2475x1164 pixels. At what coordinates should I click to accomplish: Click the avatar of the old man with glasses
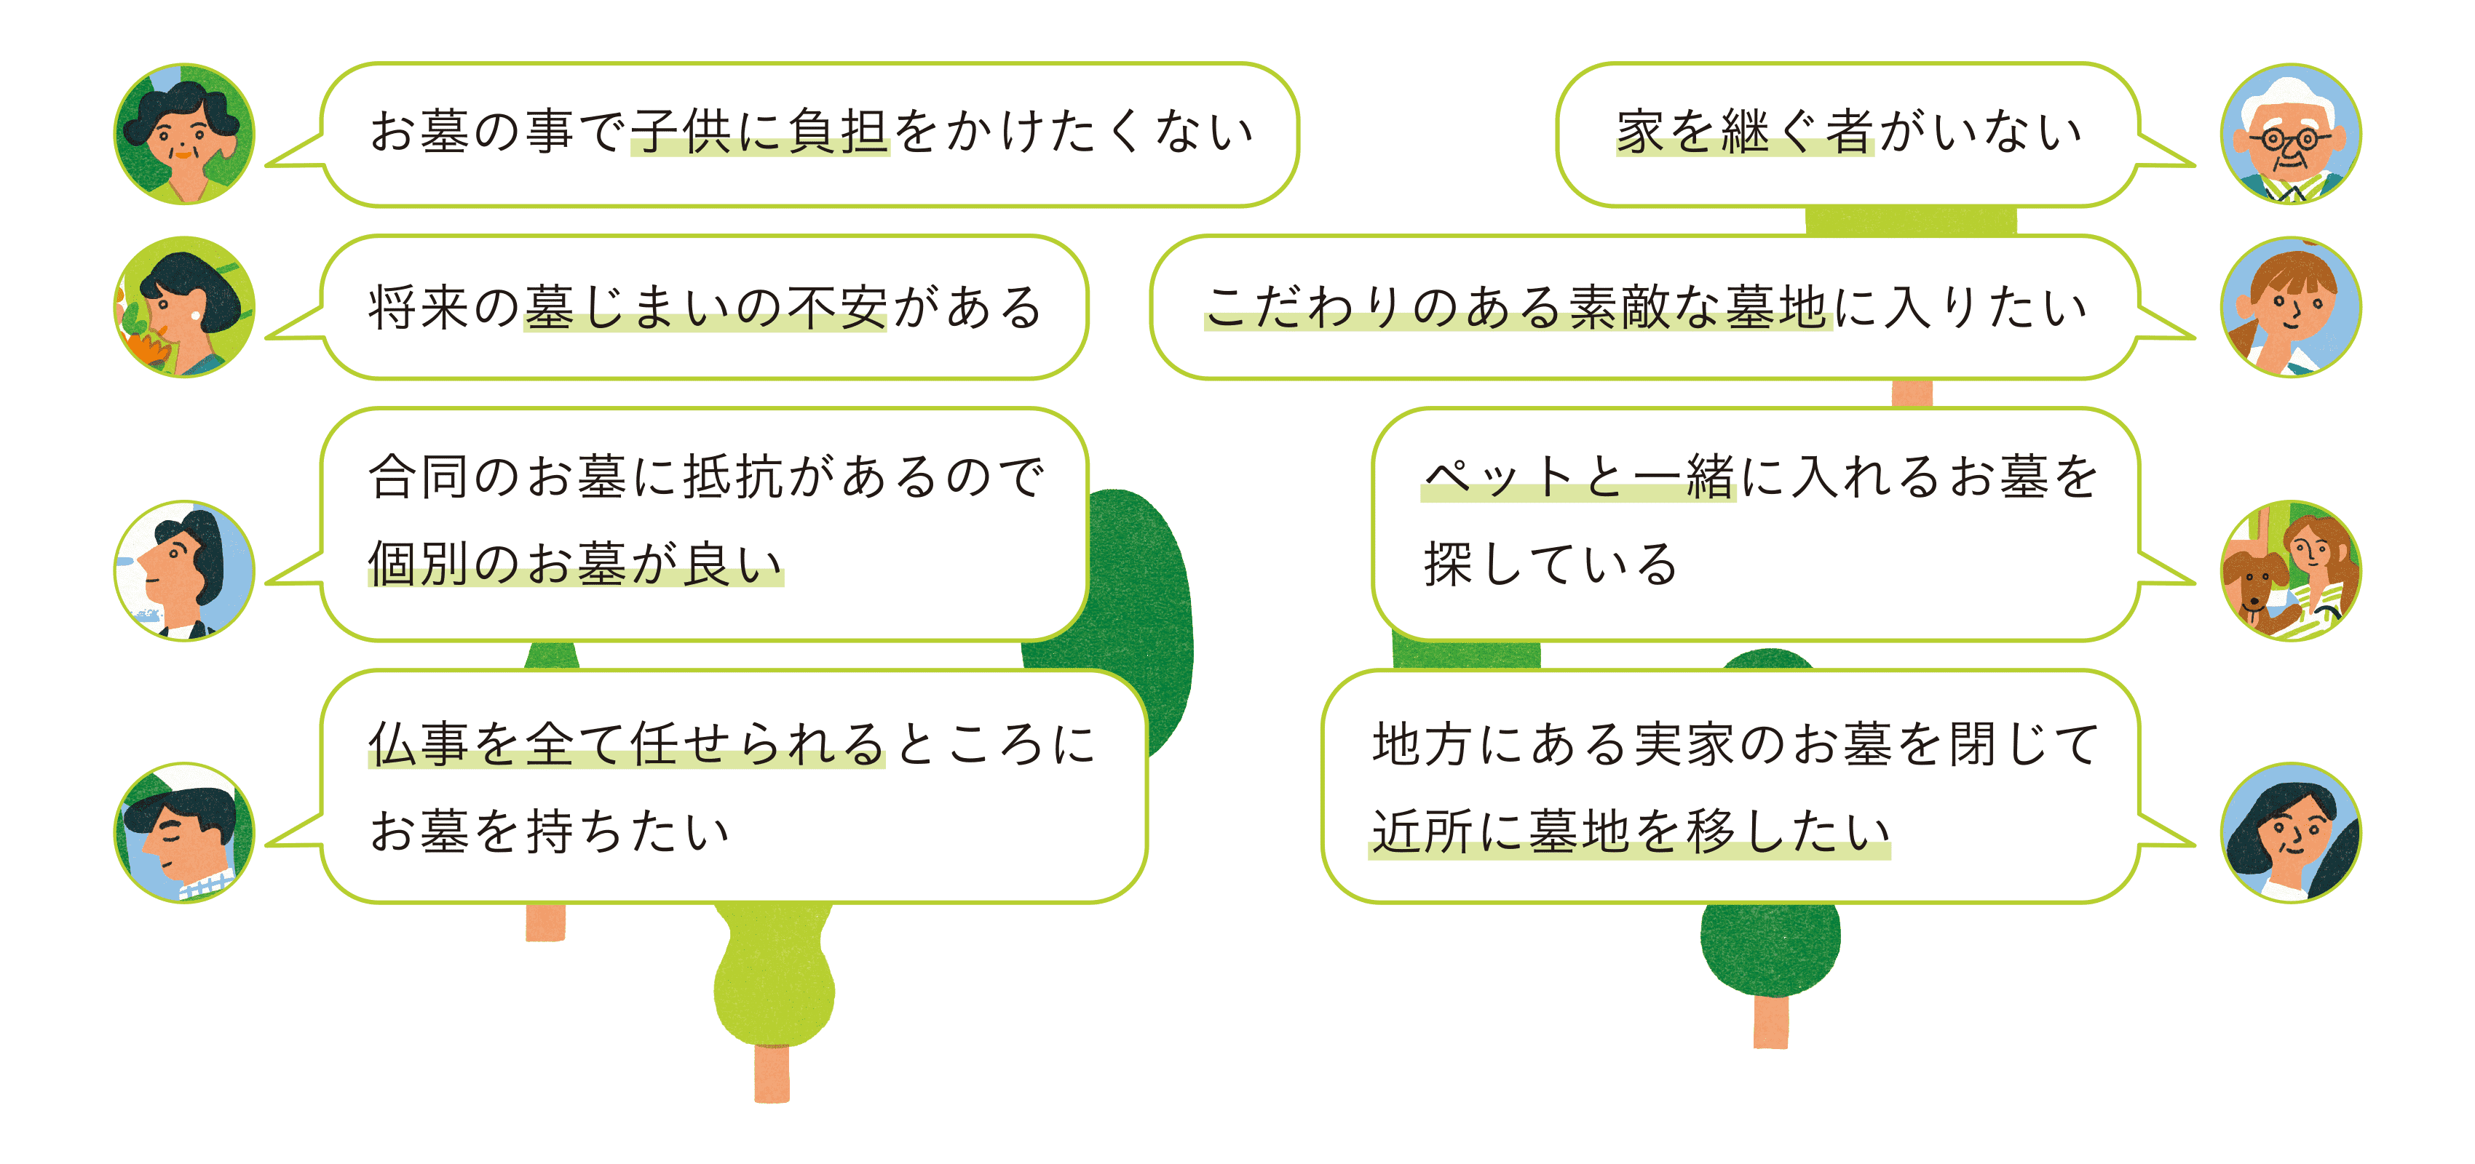[x=2291, y=135]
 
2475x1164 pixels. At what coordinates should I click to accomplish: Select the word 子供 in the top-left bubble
[x=681, y=132]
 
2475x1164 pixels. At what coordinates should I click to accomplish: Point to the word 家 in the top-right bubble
[x=1640, y=132]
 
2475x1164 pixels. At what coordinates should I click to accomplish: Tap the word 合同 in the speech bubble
[x=419, y=477]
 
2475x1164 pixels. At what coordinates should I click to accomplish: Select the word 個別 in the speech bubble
[x=419, y=564]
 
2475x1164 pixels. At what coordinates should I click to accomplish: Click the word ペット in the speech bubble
[x=1499, y=477]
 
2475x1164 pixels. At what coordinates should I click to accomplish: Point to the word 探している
[x=1550, y=564]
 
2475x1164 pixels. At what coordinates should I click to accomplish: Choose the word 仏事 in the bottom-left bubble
[x=419, y=744]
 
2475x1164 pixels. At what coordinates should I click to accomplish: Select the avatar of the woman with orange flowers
[x=184, y=307]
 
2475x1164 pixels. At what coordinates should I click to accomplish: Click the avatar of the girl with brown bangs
[x=2291, y=307]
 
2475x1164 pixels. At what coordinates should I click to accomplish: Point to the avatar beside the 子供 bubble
[x=184, y=135]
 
